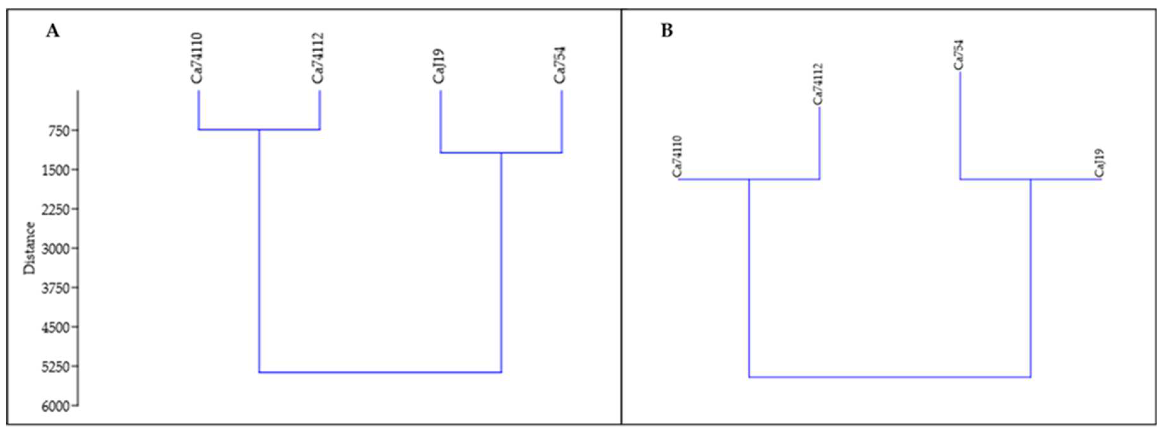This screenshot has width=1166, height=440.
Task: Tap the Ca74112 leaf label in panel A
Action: coord(318,58)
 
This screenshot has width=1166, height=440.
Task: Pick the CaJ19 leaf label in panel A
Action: coord(438,66)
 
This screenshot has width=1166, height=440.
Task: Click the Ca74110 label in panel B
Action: coord(677,156)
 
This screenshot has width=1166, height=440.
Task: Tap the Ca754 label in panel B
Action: coord(958,55)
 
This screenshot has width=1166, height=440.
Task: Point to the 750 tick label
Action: coord(56,131)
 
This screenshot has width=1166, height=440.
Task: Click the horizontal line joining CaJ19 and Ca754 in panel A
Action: coord(501,153)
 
